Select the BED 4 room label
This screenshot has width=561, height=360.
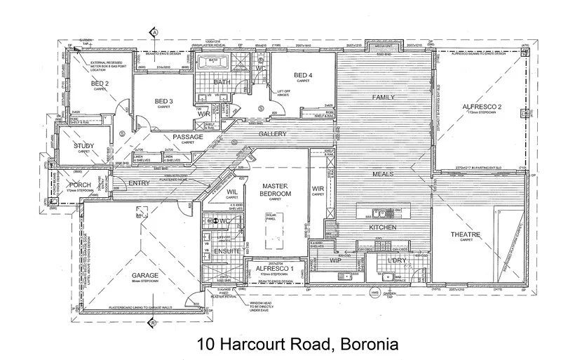click(303, 75)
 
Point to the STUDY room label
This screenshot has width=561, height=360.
click(85, 145)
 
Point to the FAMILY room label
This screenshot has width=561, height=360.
click(384, 97)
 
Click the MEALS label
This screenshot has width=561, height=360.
click(382, 174)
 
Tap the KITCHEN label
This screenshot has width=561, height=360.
click(383, 228)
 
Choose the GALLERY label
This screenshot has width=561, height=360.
click(273, 133)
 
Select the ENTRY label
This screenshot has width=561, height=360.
click(140, 183)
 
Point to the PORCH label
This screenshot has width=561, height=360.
click(80, 184)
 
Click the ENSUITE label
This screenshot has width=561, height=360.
click(228, 251)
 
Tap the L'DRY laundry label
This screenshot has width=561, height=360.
click(397, 262)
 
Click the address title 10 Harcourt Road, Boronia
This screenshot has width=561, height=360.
click(297, 345)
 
